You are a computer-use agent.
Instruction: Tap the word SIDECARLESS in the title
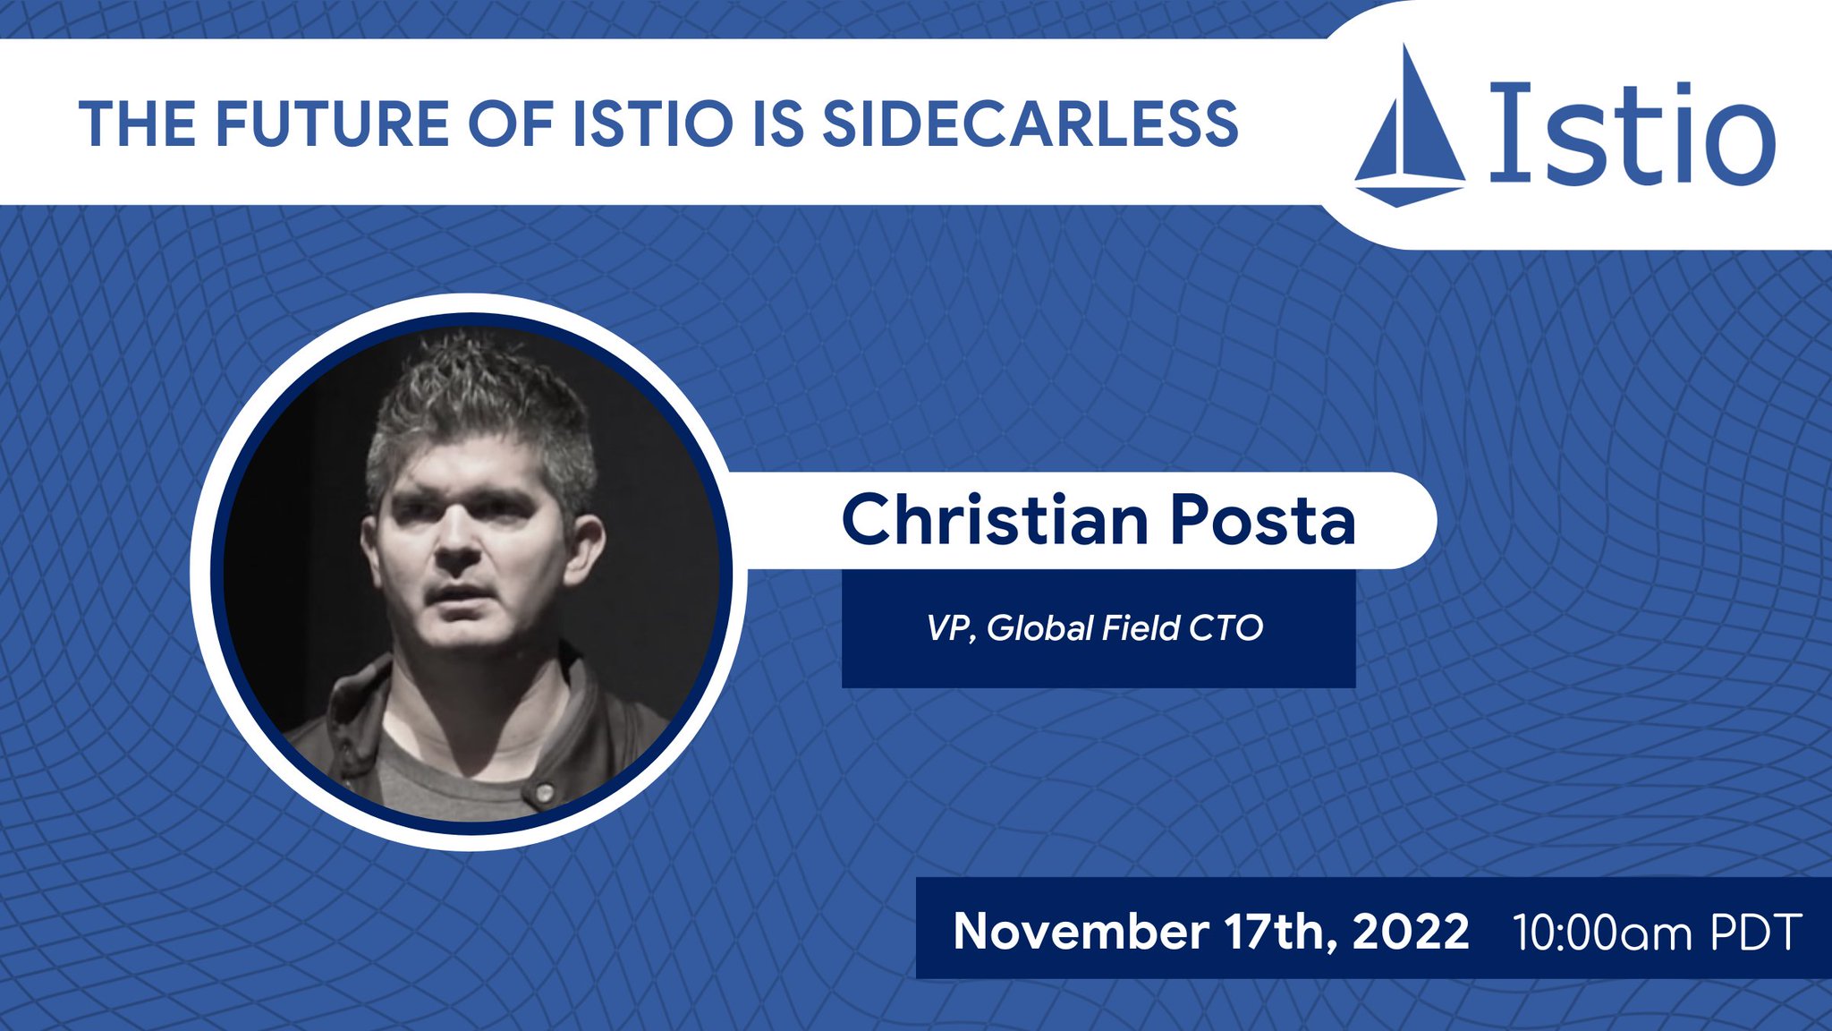[x=1030, y=124]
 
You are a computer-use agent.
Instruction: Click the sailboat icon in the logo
[x=1410, y=130]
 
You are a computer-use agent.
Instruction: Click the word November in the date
[x=1081, y=932]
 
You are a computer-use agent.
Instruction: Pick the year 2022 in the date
[x=1411, y=932]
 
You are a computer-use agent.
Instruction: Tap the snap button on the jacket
[x=542, y=792]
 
